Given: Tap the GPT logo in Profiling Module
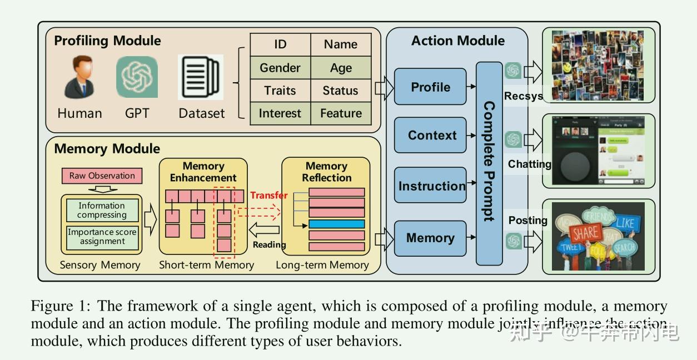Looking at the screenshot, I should [137, 78].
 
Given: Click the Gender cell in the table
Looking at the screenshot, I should [280, 68].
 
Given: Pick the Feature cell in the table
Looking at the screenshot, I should [341, 113].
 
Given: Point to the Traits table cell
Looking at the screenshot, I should [280, 91].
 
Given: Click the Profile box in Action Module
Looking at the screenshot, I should [430, 87].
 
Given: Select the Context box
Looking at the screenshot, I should [430, 135].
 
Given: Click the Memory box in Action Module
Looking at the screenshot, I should [430, 238].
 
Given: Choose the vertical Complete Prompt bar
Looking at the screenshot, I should [489, 163].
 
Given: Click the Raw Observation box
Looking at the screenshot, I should [102, 176].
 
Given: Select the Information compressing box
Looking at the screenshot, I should [102, 211].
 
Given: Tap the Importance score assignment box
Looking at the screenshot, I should [102, 237].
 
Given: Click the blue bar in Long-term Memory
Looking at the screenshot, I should [336, 224].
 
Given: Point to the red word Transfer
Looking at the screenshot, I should [269, 195].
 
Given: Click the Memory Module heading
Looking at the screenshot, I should [107, 149].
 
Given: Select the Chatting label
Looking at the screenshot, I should [529, 164].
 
